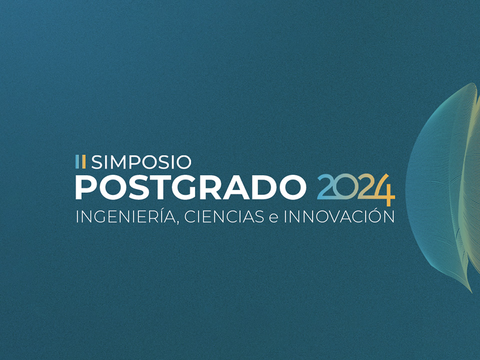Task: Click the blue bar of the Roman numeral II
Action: tap(77, 161)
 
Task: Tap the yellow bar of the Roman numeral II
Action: tap(83, 161)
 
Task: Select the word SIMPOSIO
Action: tap(141, 162)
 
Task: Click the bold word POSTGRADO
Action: tap(190, 187)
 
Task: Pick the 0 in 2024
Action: tap(345, 187)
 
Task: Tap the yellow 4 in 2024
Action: tap(383, 190)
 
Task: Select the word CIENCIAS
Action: tap(224, 216)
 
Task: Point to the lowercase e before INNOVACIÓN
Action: tap(273, 218)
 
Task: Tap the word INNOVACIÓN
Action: tap(339, 216)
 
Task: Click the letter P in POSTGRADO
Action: tap(85, 187)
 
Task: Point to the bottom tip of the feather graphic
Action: tap(471, 291)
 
